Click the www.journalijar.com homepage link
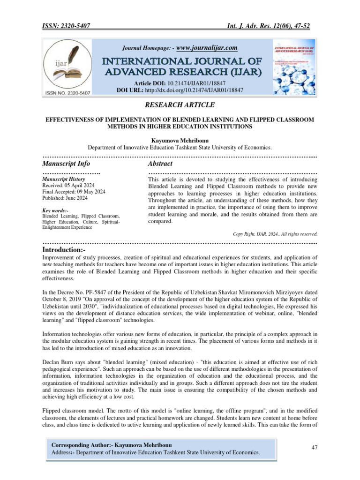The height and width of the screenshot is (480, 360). click(207, 48)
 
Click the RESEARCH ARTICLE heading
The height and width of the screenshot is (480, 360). click(180, 105)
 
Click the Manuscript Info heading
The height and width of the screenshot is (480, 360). click(66, 164)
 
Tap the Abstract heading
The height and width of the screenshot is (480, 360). click(160, 164)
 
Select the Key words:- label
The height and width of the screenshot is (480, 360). click(55, 211)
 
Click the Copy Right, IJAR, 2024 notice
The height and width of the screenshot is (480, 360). click(275, 233)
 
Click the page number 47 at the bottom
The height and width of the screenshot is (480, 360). click(315, 448)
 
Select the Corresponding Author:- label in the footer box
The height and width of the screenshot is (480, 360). click(81, 444)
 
